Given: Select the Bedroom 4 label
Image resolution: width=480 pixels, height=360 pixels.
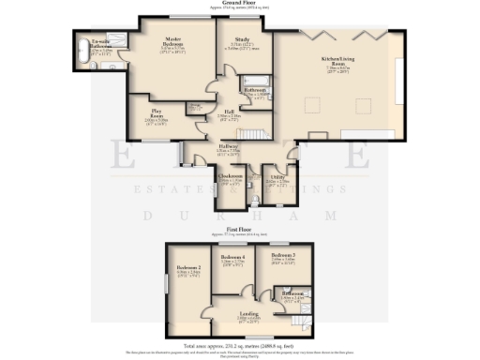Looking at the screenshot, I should point(232,256).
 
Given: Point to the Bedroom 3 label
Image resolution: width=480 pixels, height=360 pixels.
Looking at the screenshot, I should point(282,256).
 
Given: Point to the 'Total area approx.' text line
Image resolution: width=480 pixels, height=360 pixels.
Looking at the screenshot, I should point(239,346).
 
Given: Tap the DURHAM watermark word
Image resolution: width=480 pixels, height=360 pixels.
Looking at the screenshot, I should point(239,216).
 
